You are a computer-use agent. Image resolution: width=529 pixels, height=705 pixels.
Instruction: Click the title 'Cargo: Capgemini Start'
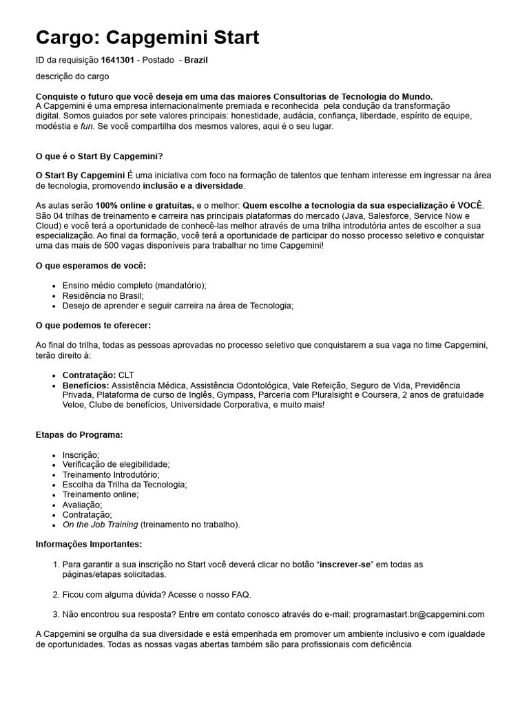147,37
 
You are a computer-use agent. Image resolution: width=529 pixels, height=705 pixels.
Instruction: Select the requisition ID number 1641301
117,61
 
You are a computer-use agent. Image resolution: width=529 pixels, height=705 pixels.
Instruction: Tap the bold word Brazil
196,61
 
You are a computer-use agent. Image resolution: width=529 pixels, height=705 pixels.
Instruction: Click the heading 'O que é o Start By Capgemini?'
98,156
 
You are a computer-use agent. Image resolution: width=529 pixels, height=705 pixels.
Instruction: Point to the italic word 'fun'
87,127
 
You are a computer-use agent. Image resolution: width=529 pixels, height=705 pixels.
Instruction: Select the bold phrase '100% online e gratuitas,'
145,206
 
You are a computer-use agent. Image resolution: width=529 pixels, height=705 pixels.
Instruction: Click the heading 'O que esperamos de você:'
90,266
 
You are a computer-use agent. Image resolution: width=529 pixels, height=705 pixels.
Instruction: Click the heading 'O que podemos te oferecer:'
93,325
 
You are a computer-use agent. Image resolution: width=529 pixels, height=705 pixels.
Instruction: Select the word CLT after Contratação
127,375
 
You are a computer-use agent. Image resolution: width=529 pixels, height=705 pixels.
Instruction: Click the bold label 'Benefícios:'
85,386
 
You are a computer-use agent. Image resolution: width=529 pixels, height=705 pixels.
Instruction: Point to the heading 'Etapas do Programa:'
79,435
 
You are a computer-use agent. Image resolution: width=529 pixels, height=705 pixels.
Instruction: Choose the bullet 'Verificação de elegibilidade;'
116,465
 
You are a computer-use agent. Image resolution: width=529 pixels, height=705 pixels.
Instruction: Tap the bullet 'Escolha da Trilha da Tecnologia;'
125,485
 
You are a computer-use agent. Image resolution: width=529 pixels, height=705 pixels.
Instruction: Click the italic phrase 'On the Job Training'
100,525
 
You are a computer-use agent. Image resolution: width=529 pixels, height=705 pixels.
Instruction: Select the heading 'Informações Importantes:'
89,545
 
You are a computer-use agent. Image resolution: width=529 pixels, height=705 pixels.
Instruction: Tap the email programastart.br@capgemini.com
418,614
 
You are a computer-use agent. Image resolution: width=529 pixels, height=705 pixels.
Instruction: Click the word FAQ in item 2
240,594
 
